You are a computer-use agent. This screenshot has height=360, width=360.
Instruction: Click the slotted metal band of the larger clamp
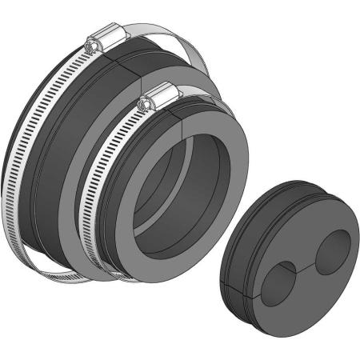32,144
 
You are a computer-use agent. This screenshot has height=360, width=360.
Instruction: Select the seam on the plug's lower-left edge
232,284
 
